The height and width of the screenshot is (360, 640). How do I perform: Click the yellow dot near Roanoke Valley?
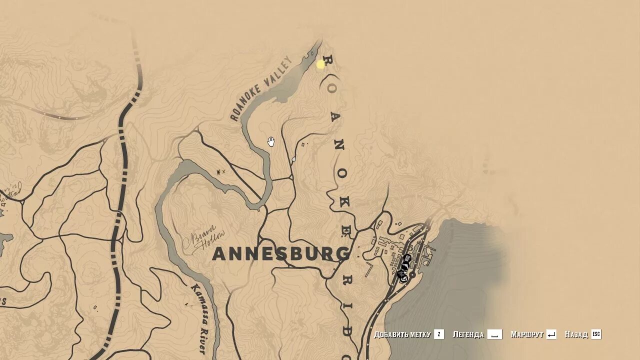click(320, 64)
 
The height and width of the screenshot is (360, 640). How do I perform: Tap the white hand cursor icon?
click(271, 141)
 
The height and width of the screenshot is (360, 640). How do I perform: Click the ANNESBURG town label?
click(281, 254)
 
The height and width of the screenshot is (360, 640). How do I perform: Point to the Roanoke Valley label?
click(261, 89)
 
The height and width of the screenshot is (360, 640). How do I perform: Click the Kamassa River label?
click(197, 318)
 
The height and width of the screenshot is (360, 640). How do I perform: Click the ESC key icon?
click(596, 334)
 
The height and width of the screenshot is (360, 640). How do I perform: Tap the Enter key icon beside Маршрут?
click(551, 334)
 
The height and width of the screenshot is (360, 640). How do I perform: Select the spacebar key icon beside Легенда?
click(494, 334)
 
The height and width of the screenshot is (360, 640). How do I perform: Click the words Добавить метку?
click(402, 334)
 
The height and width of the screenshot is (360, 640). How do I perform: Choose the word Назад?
click(576, 334)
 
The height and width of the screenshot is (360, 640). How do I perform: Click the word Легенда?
click(468, 334)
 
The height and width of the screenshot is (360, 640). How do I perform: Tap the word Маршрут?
click(527, 334)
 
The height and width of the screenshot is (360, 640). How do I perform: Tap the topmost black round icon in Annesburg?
click(407, 258)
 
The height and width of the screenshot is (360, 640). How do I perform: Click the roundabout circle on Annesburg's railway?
click(412, 275)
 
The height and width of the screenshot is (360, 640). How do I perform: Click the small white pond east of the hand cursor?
click(293, 159)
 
